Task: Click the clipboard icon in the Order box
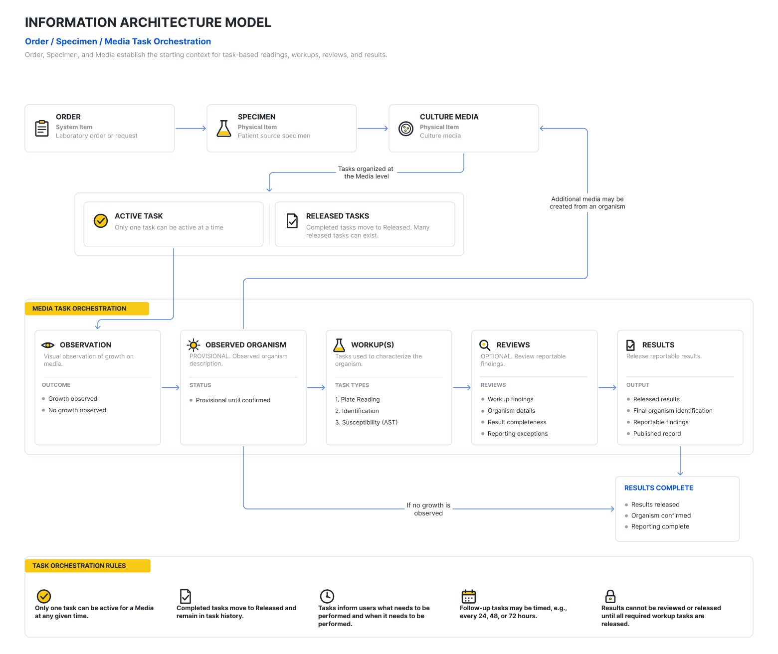pyautogui.click(x=41, y=128)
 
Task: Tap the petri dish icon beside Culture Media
pyautogui.click(x=405, y=129)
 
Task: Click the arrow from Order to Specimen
pyautogui.click(x=191, y=128)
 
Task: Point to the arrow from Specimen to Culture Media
pyautogui.click(x=372, y=128)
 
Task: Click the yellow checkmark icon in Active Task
pyautogui.click(x=100, y=220)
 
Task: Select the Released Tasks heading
pyautogui.click(x=337, y=216)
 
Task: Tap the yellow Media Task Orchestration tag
pyautogui.click(x=87, y=309)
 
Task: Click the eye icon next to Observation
pyautogui.click(x=48, y=345)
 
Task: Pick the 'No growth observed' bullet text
pyautogui.click(x=77, y=410)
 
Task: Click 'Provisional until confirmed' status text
pyautogui.click(x=233, y=400)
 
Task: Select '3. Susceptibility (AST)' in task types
pyautogui.click(x=366, y=422)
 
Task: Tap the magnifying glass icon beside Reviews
pyautogui.click(x=484, y=345)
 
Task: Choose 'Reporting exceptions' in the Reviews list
pyautogui.click(x=517, y=434)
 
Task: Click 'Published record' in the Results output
pyautogui.click(x=656, y=434)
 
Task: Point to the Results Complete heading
pyautogui.click(x=658, y=488)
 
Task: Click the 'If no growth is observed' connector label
pyautogui.click(x=428, y=509)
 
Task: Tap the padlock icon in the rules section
pyautogui.click(x=610, y=596)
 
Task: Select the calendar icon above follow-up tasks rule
pyautogui.click(x=468, y=596)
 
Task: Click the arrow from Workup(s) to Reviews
pyautogui.click(x=461, y=387)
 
